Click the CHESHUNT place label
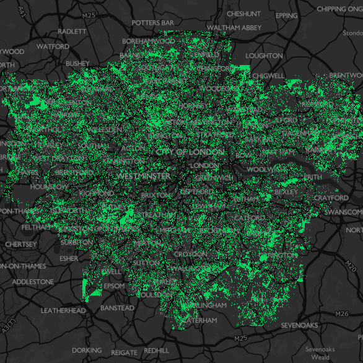click(x=243, y=14)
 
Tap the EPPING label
click(x=286, y=15)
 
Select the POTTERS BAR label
click(x=153, y=23)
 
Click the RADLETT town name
click(x=72, y=31)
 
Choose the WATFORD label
click(x=53, y=46)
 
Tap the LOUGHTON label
click(x=264, y=56)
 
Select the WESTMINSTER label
click(x=143, y=177)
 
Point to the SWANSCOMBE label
click(x=344, y=212)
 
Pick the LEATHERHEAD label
click(x=63, y=310)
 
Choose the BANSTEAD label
click(x=117, y=308)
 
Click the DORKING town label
click(x=87, y=351)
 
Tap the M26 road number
click(x=341, y=314)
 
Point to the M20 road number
click(x=350, y=266)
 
